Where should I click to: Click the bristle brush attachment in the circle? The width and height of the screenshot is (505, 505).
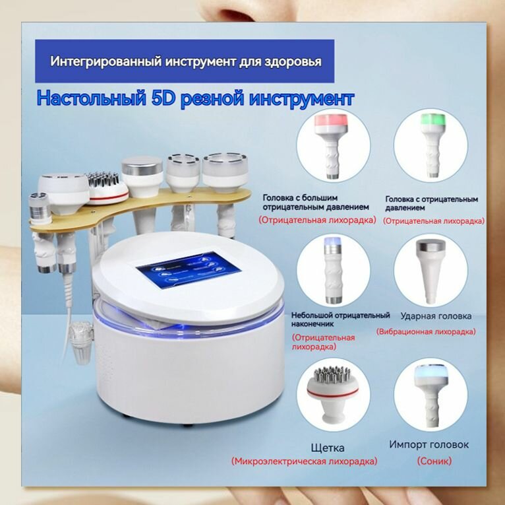(329, 387)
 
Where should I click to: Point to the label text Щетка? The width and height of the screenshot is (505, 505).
(328, 448)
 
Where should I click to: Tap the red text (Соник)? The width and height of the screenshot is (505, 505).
(434, 461)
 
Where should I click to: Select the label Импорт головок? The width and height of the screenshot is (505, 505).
(429, 444)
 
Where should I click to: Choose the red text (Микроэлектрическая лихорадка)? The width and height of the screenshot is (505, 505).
(304, 461)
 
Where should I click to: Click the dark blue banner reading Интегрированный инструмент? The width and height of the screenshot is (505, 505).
(187, 61)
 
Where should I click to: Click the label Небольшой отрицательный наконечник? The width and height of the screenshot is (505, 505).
(340, 320)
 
